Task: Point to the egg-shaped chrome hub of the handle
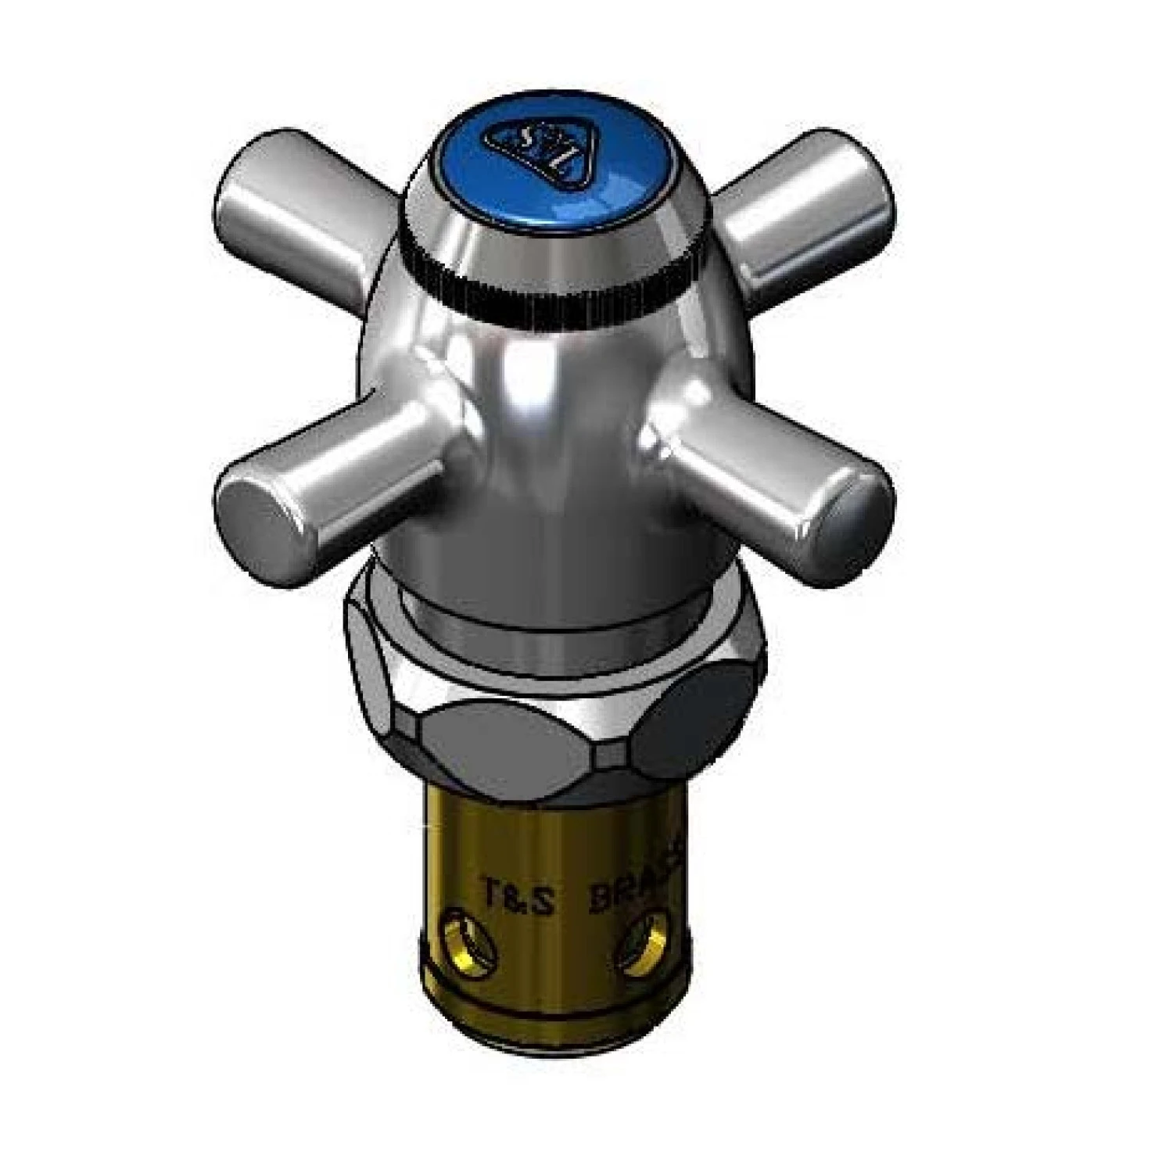click(x=547, y=438)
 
